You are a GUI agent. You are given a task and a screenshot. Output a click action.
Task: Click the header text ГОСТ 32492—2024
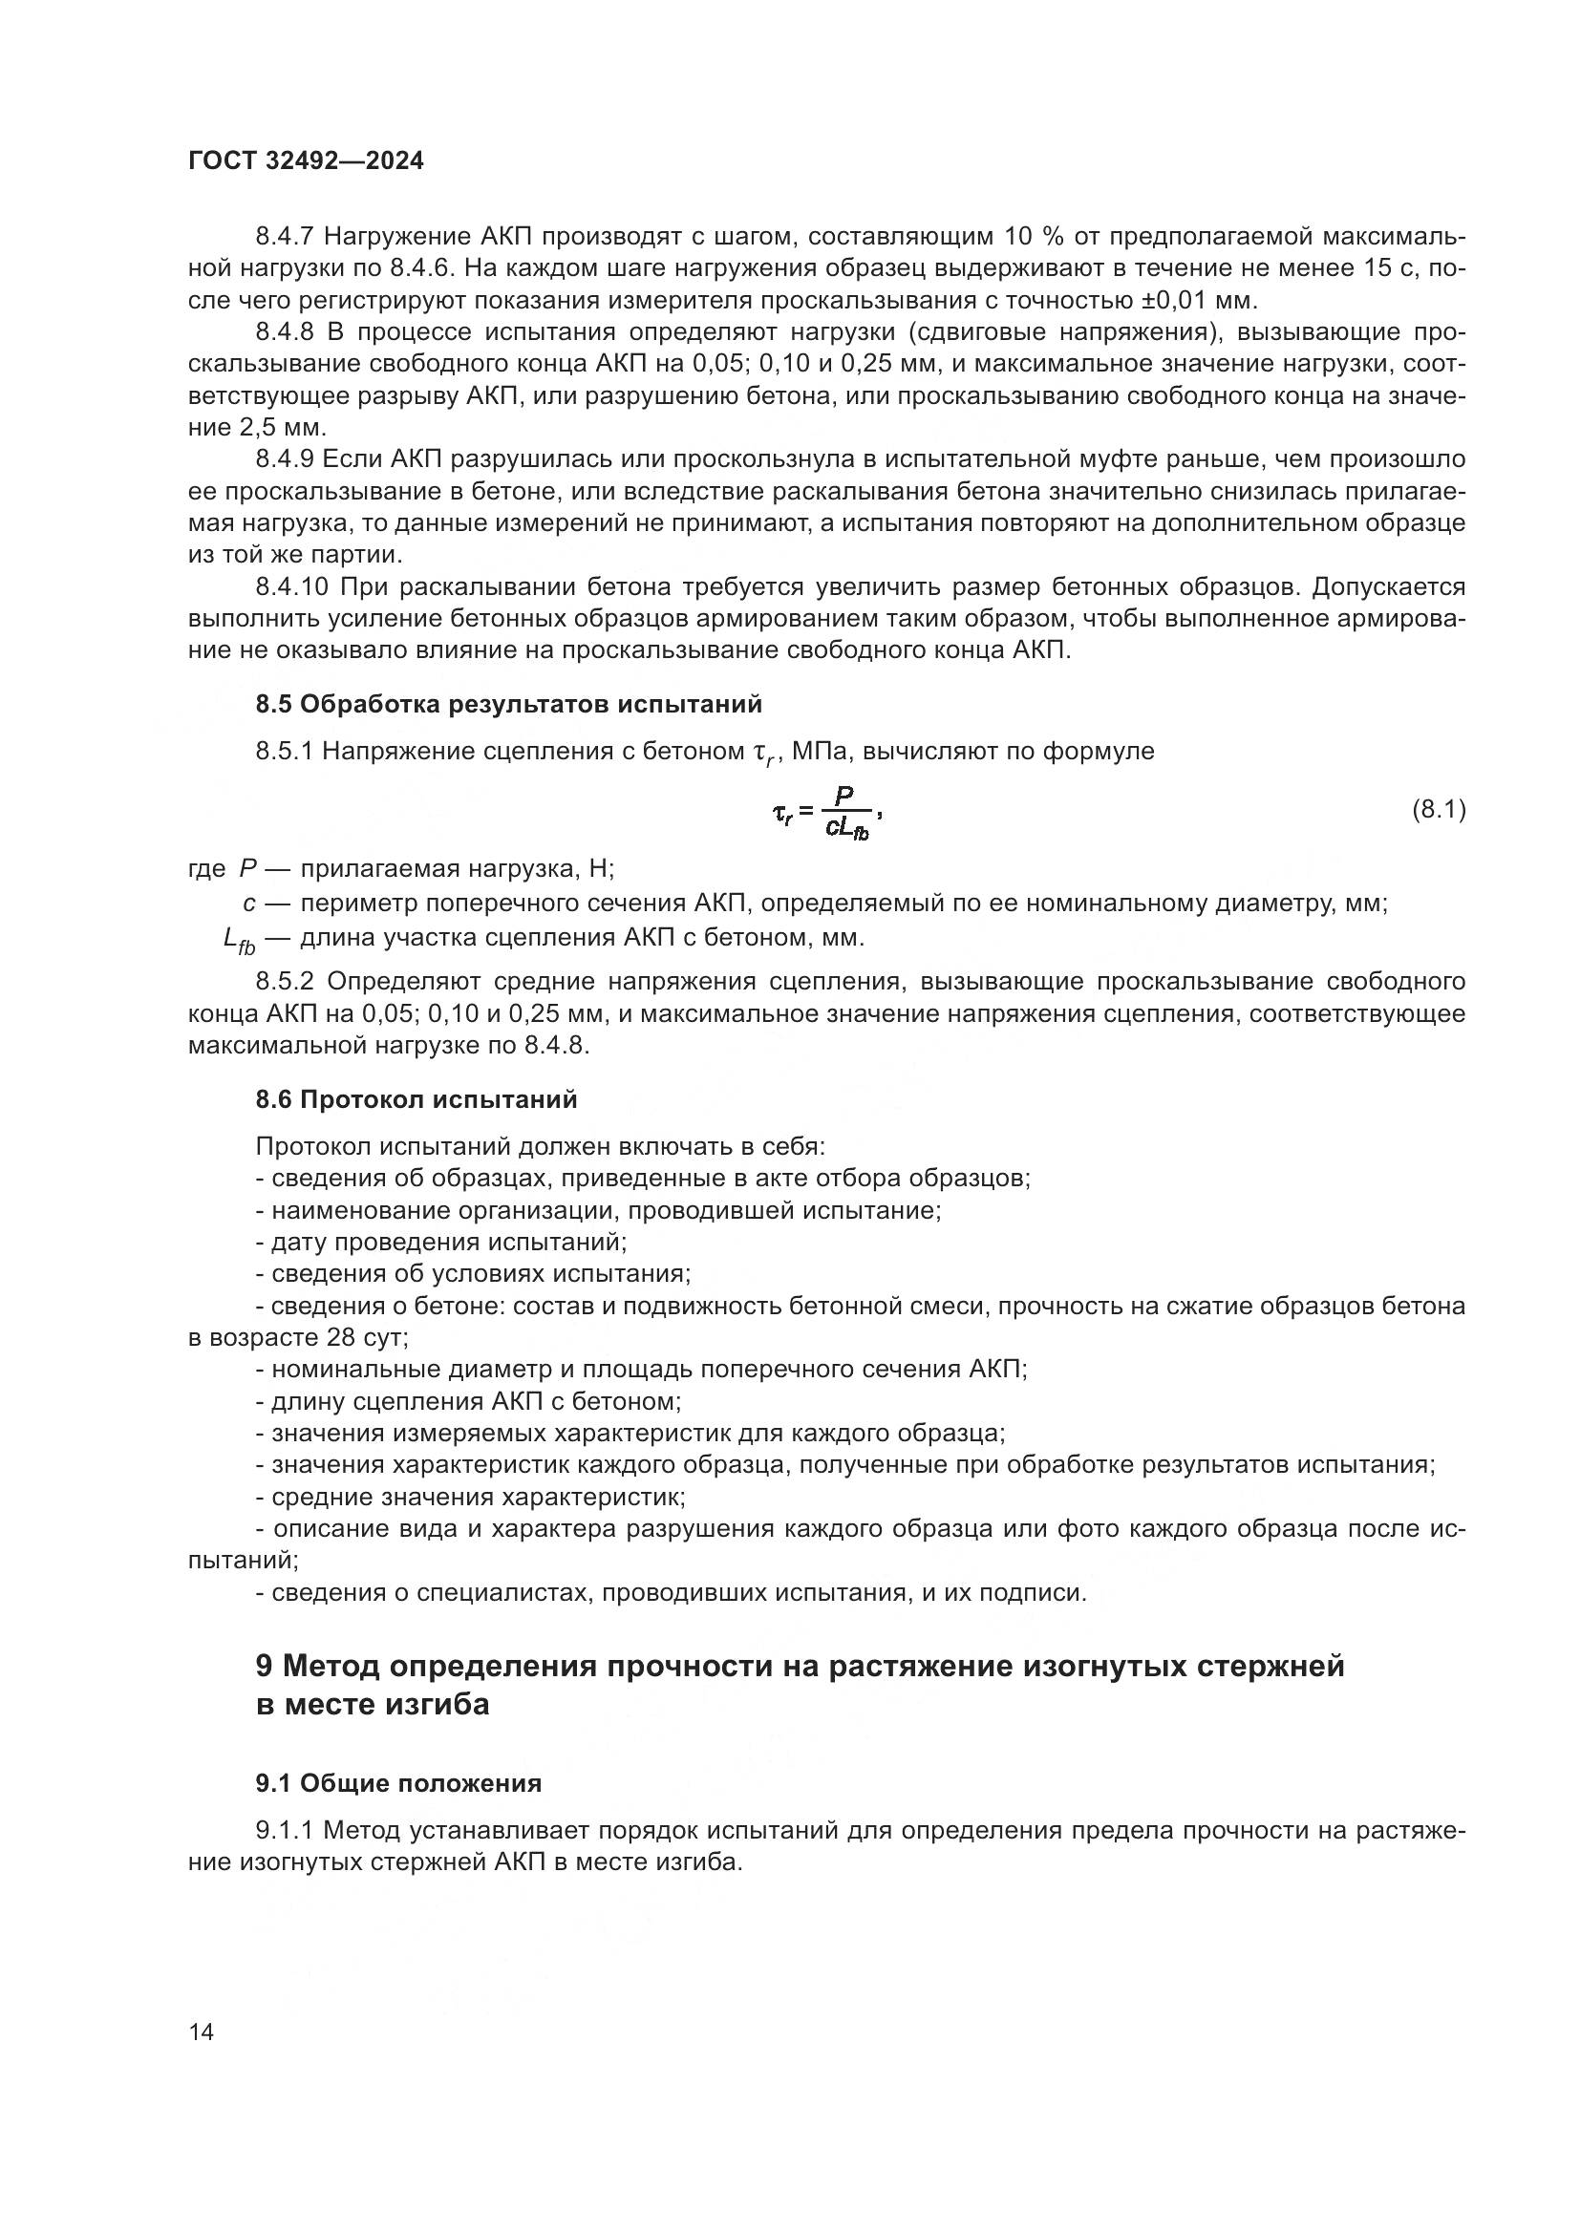click(x=306, y=161)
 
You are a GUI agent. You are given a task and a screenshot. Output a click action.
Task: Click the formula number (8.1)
click(x=1438, y=810)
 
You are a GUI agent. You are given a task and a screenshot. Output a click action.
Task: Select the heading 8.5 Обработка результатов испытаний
click(x=509, y=705)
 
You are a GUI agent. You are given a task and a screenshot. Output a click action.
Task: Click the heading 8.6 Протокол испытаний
click(x=416, y=1099)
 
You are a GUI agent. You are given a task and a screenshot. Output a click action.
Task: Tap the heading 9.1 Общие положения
click(x=398, y=1783)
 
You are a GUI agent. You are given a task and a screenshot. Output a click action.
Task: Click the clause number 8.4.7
click(x=285, y=237)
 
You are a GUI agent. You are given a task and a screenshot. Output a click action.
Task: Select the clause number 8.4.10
click(x=293, y=586)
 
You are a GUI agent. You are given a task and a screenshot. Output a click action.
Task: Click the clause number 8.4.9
click(x=285, y=459)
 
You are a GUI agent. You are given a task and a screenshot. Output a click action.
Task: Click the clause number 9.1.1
click(x=285, y=1830)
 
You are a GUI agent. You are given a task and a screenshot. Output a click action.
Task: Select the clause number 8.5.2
click(x=285, y=982)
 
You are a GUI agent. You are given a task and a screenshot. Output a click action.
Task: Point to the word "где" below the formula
click(x=206, y=869)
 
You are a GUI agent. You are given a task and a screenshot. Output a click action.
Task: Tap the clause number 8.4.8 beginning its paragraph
click(x=285, y=331)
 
